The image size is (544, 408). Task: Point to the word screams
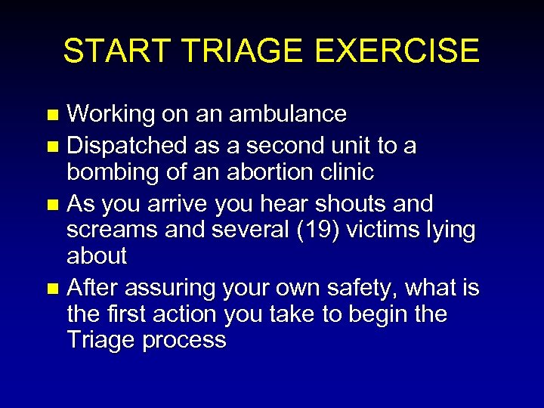pyautogui.click(x=112, y=230)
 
